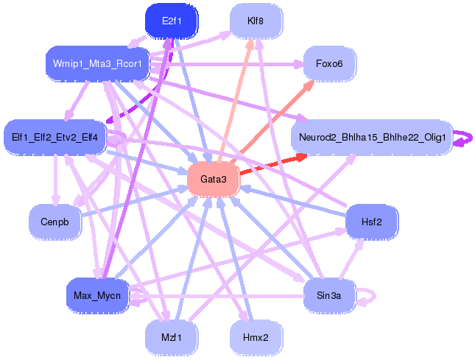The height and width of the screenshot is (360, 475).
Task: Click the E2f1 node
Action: pos(172,21)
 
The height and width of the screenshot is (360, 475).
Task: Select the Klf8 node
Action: pos(256,21)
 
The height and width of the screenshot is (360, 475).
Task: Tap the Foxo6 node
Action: pos(330,63)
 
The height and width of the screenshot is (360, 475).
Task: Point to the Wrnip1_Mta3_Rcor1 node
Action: pos(97,63)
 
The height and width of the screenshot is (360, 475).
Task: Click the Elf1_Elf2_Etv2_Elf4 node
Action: pos(54,138)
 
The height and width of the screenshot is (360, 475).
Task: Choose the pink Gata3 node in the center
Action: pos(214,179)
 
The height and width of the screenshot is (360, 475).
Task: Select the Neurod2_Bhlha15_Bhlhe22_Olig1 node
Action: pos(372,138)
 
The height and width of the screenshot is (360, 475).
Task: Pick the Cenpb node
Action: pos(54,222)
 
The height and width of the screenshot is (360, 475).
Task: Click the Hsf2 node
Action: pos(372,222)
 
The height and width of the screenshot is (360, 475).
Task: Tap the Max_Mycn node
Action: pos(97,295)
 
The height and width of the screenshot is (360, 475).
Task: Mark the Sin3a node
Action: pos(329,295)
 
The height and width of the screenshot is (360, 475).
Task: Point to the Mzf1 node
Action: pos(172,337)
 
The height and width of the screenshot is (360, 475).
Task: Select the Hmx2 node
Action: pos(256,337)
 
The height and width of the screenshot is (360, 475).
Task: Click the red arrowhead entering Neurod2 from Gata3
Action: pos(301,157)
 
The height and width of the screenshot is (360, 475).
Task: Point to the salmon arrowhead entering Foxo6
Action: pos(309,85)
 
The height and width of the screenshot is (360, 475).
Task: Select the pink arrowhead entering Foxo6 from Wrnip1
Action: pos(299,64)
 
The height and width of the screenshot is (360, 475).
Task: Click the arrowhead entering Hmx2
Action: pos(244,316)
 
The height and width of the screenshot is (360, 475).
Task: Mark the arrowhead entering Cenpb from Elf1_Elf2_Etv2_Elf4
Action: pos(56,200)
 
